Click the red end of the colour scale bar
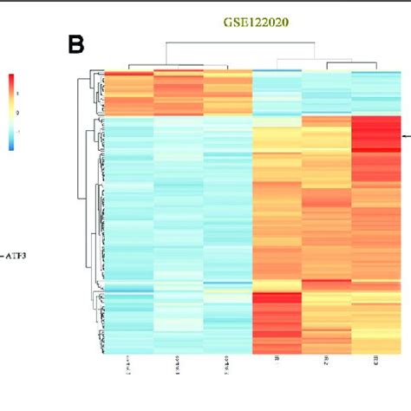pos(11,80)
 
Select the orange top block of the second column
pos(178,91)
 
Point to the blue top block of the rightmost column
pos(377,91)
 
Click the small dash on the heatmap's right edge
pos(407,137)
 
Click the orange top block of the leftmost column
pos(127,91)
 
